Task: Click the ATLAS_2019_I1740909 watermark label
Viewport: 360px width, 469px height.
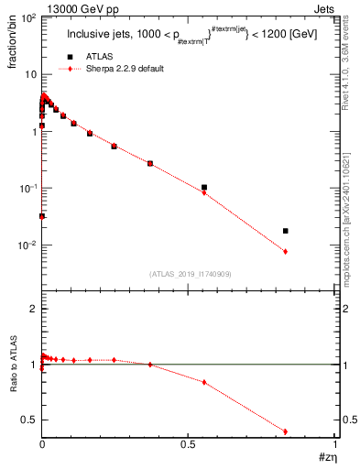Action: (x=189, y=273)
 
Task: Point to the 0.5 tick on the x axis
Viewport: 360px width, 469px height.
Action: (x=189, y=444)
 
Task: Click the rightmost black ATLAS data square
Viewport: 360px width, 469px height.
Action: (x=286, y=231)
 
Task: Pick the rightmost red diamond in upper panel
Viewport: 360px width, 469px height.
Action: (x=286, y=252)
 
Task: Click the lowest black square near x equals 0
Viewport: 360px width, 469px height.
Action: (x=42, y=216)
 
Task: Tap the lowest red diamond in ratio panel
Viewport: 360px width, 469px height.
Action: (x=286, y=431)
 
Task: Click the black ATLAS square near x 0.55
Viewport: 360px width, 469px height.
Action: (x=204, y=188)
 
